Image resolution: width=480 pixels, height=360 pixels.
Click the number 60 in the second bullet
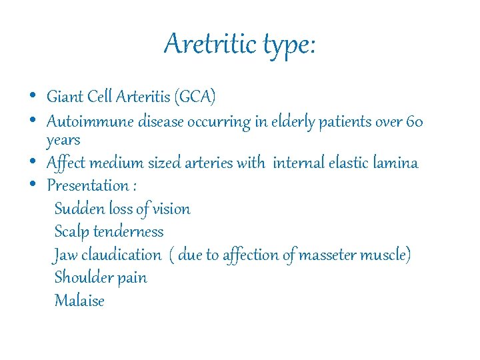[415, 122]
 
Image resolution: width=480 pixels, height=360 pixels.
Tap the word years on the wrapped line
[63, 141]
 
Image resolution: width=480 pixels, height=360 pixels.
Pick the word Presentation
[87, 185]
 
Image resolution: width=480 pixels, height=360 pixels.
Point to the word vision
[171, 209]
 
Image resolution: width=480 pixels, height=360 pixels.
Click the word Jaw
[65, 255]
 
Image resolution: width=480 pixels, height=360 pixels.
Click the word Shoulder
[83, 277]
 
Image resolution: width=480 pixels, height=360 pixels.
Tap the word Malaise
[79, 301]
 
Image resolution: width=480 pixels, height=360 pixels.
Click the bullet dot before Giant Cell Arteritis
[33, 96]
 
